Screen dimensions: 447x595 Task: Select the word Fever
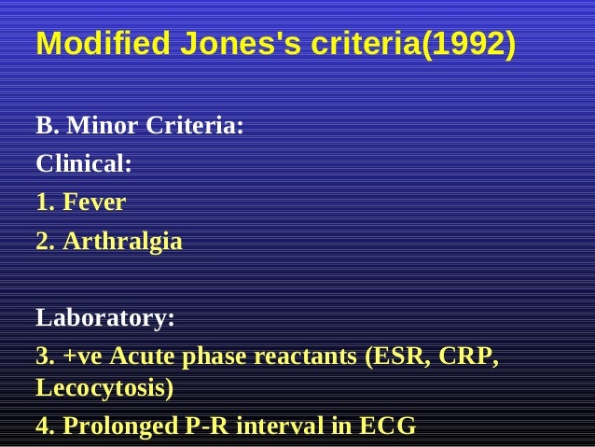(x=94, y=203)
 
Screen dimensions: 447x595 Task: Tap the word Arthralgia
(x=122, y=241)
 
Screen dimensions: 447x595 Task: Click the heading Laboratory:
(x=104, y=318)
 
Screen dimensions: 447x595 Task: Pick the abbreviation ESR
(x=400, y=356)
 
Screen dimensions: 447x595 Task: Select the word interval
(x=280, y=426)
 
